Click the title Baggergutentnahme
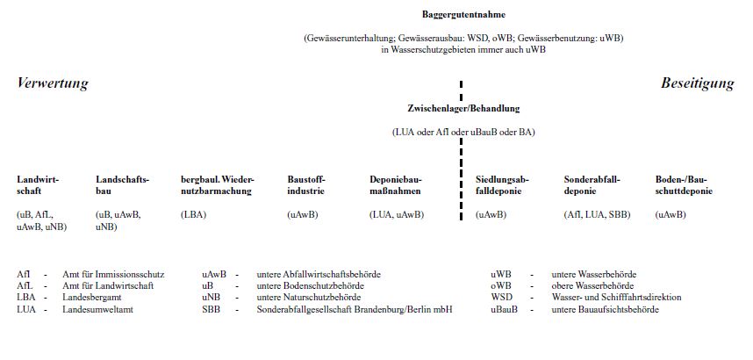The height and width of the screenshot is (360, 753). tap(463, 15)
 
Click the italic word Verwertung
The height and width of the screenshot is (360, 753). tap(53, 83)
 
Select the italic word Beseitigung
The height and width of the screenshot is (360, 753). tap(697, 83)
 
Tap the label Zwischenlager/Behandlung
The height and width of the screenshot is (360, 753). tap(463, 109)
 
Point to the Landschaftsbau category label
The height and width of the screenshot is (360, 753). tap(122, 184)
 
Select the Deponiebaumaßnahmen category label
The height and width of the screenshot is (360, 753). tap(395, 184)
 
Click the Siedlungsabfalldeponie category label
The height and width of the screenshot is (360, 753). tap(501, 184)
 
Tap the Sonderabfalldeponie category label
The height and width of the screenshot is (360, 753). tap(592, 184)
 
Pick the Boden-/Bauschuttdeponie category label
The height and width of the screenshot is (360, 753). tap(684, 184)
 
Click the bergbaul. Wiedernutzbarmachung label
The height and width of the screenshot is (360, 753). tap(217, 184)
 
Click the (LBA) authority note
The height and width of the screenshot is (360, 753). tap(193, 214)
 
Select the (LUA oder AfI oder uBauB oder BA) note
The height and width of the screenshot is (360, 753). tap(463, 133)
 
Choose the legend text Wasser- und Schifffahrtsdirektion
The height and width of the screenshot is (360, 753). tap(616, 297)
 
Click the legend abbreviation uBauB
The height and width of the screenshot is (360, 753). tap(504, 308)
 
